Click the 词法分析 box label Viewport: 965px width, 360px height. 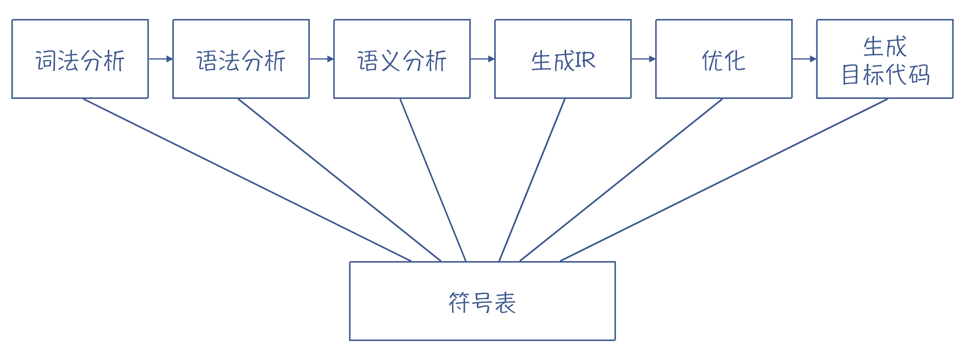point(80,60)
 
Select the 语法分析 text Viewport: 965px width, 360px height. point(241,60)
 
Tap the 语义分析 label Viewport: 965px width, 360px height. point(402,60)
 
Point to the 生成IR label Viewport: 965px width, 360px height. point(563,60)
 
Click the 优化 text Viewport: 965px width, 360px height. point(724,60)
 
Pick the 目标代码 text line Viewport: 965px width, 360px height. point(886,75)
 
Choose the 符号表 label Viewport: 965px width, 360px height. point(482,303)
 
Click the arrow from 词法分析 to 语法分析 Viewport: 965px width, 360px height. point(161,59)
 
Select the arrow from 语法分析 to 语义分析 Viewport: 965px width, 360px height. point(322,59)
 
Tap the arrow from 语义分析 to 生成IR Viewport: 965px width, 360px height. point(482,59)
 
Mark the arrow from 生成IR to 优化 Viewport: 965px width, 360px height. point(643,59)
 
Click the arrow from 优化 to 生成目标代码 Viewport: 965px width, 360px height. point(804,59)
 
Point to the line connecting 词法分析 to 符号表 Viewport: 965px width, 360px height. point(247,180)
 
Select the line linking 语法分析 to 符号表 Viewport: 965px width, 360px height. point(339,180)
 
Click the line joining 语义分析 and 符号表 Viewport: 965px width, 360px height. point(433,180)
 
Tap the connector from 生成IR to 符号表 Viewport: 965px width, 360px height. point(532,180)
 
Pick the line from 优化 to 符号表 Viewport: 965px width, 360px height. point(621,180)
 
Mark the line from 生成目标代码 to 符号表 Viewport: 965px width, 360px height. point(724,180)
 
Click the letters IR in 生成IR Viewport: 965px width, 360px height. point(585,60)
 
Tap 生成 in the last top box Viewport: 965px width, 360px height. point(885,46)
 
